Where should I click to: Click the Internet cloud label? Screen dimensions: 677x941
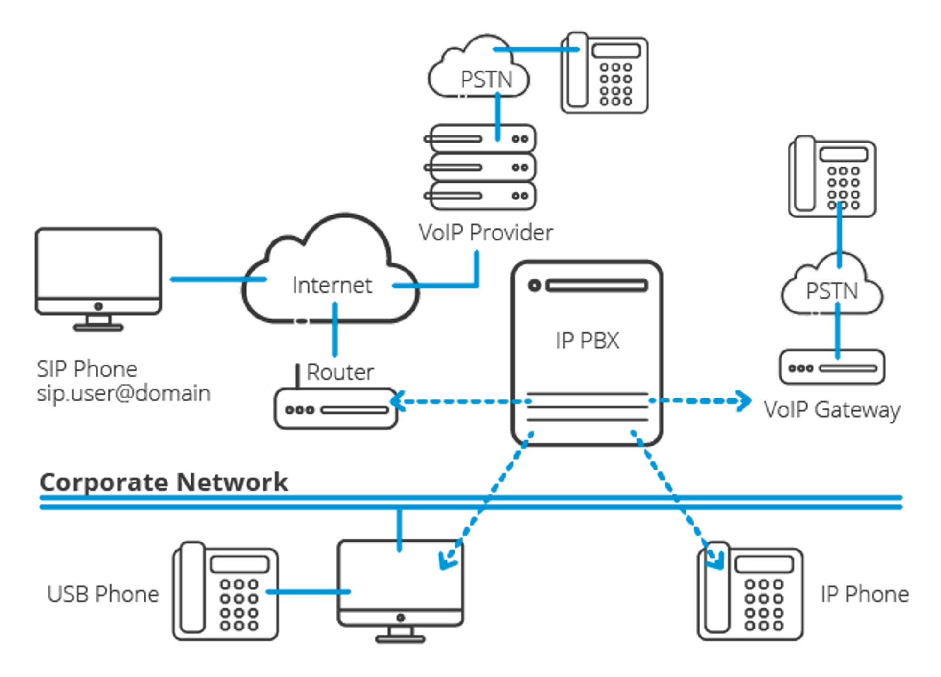332,285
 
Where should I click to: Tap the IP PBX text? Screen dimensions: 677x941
587,340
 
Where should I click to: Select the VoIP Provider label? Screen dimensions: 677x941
486,232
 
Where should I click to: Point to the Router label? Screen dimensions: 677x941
340,372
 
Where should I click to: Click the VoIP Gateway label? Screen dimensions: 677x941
831,410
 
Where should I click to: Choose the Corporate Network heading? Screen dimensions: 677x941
164,482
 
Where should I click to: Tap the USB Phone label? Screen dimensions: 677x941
103,594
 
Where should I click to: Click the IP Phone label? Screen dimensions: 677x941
864,594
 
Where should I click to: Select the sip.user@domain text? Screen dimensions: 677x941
124,393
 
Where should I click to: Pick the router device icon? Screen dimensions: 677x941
336,409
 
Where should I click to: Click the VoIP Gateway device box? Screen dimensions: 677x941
831,367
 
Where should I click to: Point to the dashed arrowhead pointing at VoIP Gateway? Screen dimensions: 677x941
744,401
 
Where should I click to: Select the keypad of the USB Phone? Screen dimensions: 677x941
239,605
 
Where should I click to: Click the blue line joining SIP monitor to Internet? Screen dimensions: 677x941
218,279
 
